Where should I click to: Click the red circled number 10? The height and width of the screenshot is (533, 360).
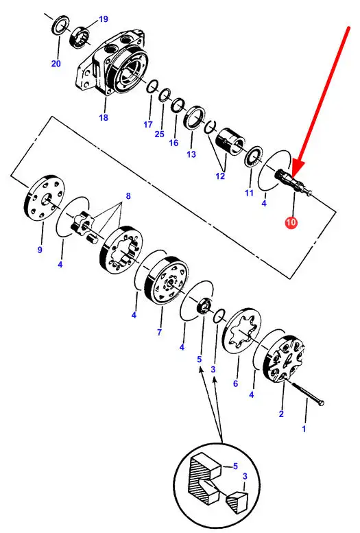[x=291, y=223]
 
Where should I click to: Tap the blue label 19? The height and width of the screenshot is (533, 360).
[x=103, y=19]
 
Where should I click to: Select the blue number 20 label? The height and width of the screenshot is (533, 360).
[x=56, y=63]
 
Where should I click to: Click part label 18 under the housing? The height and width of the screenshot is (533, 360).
[x=104, y=117]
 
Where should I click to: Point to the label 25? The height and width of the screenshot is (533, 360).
[x=160, y=134]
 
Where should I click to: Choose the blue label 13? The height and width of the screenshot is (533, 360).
[x=191, y=154]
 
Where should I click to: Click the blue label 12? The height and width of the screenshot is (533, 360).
[x=220, y=176]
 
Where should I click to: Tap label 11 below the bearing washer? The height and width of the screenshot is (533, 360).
[x=249, y=193]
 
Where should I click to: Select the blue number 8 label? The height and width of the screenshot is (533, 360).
[x=128, y=196]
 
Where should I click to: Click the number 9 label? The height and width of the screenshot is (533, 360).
[x=40, y=250]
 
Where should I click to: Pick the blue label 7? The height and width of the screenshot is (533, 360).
[x=160, y=331]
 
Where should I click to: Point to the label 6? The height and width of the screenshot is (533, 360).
[x=236, y=383]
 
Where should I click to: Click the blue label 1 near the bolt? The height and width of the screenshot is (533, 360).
[x=304, y=429]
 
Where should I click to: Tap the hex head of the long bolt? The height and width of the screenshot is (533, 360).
[x=321, y=403]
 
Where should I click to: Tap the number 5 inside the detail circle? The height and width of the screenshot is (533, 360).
[x=236, y=466]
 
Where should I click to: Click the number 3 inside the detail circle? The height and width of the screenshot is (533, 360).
[x=245, y=477]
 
